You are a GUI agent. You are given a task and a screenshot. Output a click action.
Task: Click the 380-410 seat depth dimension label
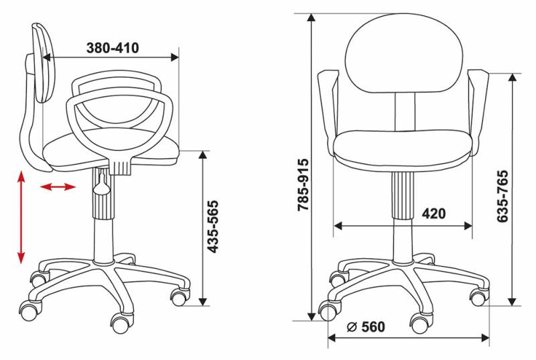click(113, 48)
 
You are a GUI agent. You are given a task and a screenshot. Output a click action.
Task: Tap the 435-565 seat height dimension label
click(213, 227)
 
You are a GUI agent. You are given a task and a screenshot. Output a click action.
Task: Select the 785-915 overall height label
click(304, 184)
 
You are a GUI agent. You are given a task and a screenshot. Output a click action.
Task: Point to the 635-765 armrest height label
click(503, 196)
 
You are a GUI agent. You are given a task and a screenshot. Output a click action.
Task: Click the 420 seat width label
click(433, 214)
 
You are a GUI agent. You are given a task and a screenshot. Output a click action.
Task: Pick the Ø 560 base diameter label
click(366, 327)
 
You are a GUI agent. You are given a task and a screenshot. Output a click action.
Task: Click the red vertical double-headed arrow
click(21, 217)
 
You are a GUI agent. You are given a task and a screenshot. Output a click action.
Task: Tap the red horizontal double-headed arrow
click(58, 186)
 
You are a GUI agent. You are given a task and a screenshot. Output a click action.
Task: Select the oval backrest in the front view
click(404, 54)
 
